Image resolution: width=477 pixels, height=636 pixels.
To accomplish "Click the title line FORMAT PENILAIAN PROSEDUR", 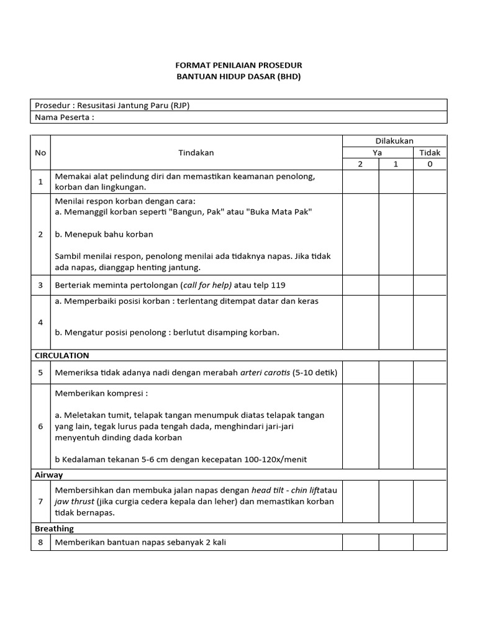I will tap(238, 65).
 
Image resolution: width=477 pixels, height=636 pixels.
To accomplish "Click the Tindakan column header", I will tap(196, 152).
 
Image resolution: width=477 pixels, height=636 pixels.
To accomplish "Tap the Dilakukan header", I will tap(394, 141).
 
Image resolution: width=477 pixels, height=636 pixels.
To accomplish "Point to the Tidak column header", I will tap(430, 152).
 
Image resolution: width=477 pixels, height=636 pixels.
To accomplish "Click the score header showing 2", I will tap(360, 164).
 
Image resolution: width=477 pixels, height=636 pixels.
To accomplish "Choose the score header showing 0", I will tap(430, 164).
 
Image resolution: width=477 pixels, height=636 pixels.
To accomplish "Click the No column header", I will tap(40, 152).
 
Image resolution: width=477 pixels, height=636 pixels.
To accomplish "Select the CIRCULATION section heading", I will tap(62, 355).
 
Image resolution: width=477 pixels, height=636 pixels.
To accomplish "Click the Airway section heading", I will tap(48, 475).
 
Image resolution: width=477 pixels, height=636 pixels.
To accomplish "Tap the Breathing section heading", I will tap(54, 529).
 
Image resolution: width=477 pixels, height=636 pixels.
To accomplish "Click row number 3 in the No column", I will tap(40, 285).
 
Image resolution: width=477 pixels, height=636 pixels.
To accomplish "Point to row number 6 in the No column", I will tap(40, 426).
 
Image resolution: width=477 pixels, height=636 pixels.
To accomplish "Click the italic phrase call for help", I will tap(206, 285).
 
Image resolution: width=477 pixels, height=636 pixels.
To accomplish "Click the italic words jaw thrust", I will tap(75, 501).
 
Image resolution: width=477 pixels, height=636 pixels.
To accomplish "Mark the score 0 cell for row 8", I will tap(430, 542).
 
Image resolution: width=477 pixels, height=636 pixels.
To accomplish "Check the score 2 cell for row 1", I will tap(360, 181).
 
